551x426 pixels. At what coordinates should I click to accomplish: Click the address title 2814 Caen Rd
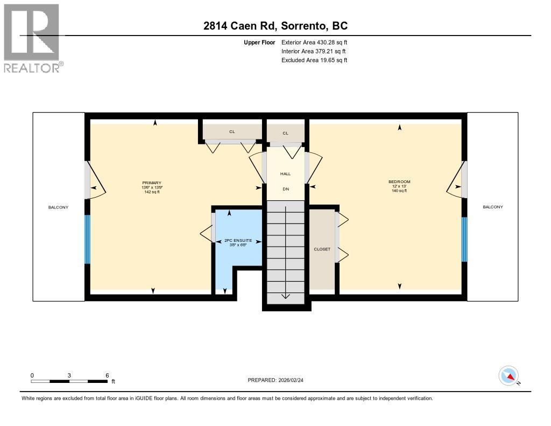tap(275, 26)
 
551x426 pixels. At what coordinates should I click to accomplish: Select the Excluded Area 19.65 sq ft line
tap(314, 60)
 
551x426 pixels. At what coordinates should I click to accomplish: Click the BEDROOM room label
tap(399, 182)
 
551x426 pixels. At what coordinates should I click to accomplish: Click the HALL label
tap(285, 174)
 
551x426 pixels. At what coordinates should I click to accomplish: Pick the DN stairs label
tap(285, 189)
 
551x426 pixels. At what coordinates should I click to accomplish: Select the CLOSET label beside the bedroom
tap(322, 249)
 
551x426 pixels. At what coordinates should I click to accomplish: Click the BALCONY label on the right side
tap(492, 207)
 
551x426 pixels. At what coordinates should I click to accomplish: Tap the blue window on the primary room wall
tap(87, 239)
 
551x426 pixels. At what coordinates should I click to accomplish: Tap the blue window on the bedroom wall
tap(465, 239)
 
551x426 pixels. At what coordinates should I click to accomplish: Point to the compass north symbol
tap(508, 375)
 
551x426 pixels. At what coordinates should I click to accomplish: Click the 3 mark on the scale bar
tap(69, 375)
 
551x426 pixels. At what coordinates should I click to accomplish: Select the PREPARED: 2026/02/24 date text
tap(279, 380)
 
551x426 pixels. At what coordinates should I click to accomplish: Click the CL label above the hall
tap(285, 133)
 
